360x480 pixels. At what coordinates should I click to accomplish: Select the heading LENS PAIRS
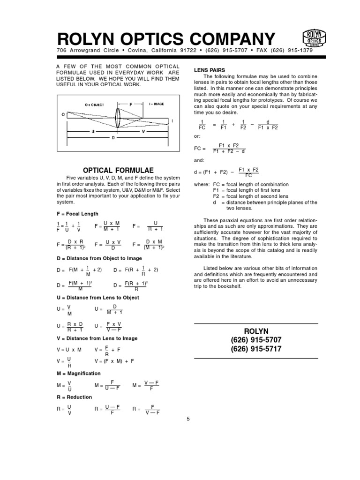point(210,70)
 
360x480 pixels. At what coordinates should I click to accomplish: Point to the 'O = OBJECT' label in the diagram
point(95,105)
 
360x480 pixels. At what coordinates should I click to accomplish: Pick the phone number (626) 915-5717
point(256,349)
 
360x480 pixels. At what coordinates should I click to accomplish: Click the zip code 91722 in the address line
point(179,51)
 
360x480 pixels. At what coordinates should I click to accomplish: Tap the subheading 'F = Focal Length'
point(77,214)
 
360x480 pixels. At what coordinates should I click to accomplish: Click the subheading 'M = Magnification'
point(78,373)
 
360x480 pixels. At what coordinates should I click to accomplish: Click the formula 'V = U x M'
point(69,350)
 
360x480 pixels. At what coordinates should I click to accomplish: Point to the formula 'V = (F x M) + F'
point(114,361)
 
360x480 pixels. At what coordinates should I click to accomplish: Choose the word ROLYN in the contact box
point(256,331)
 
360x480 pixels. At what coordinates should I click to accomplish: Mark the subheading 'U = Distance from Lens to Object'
point(97,298)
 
